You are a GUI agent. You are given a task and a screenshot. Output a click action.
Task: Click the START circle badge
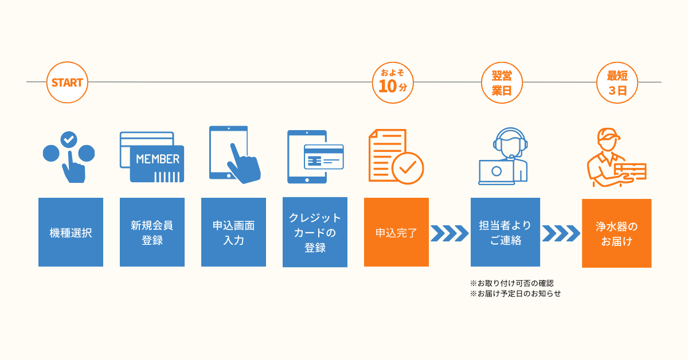tap(67, 83)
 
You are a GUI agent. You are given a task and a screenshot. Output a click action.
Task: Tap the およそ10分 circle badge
tap(393, 83)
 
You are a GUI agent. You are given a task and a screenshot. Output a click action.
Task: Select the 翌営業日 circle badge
tap(502, 83)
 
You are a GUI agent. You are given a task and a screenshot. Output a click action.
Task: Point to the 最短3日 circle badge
tap(617, 83)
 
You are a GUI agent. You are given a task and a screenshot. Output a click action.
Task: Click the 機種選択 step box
tap(71, 232)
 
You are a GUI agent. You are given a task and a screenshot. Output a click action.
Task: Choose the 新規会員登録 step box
tap(152, 232)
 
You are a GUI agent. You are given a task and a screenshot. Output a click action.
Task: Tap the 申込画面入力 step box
tap(233, 232)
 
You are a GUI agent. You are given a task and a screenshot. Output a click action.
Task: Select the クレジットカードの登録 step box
tap(315, 232)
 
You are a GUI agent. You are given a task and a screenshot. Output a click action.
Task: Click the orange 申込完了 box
tap(396, 232)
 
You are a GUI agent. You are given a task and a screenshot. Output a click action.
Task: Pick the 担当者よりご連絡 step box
tap(505, 232)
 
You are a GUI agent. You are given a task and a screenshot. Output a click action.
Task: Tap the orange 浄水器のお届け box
tap(617, 233)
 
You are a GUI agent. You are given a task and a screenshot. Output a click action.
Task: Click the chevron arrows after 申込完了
tap(449, 233)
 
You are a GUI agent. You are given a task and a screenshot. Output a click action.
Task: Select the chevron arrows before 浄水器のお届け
tap(561, 233)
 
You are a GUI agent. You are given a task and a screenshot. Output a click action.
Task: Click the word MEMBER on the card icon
tap(158, 159)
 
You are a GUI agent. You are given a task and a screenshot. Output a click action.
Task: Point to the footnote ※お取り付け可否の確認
tap(511, 283)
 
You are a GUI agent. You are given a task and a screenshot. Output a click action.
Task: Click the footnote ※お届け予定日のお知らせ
tap(515, 294)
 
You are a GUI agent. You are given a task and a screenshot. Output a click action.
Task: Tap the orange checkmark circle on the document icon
tap(408, 169)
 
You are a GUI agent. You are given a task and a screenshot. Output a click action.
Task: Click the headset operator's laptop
tap(496, 172)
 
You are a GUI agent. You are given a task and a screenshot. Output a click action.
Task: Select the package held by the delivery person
tap(631, 171)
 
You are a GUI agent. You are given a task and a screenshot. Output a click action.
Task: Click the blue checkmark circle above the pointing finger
tap(69, 139)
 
